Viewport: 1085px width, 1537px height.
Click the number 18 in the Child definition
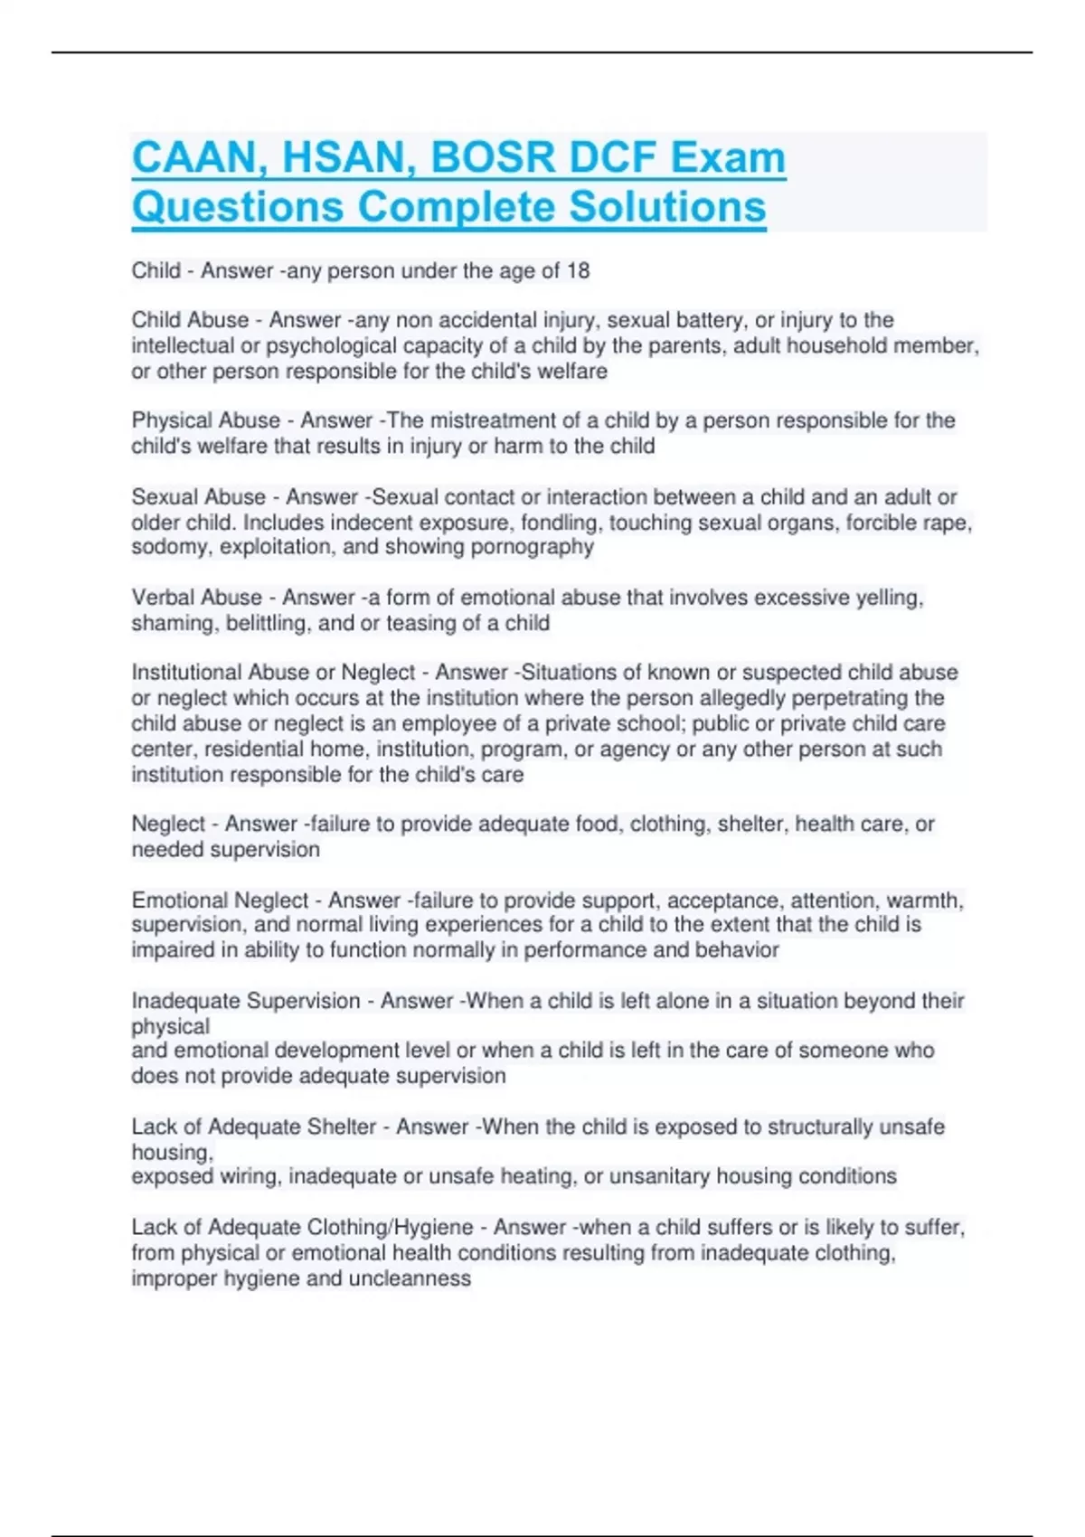coord(578,271)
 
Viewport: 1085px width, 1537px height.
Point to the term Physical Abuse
coord(206,420)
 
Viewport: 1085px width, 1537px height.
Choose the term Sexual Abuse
coord(199,497)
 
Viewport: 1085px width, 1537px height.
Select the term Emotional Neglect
coord(220,901)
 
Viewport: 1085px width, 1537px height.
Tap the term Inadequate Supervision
coord(246,1001)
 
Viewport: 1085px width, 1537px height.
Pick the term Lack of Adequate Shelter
coord(254,1127)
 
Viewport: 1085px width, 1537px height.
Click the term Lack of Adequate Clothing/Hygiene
coord(302,1227)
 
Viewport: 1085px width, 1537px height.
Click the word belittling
coord(263,623)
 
